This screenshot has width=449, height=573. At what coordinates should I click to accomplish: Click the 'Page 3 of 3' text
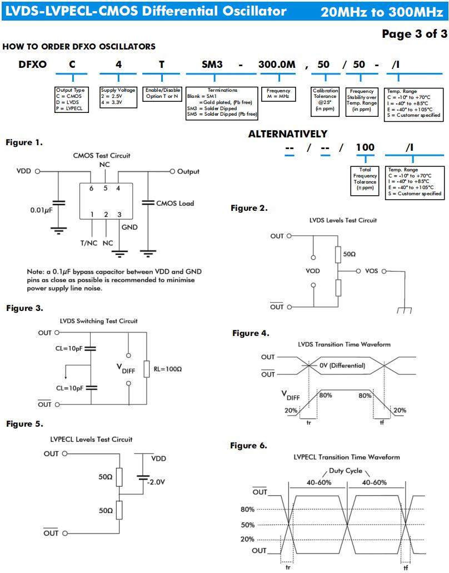(x=415, y=34)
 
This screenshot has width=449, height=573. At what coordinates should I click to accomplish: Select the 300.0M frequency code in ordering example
(x=277, y=65)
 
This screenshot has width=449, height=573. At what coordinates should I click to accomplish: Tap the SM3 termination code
(x=212, y=65)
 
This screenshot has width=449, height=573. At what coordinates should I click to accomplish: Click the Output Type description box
(x=72, y=100)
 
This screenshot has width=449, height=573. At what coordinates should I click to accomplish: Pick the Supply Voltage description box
(x=118, y=97)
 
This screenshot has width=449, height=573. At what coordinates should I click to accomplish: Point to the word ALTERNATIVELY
(x=288, y=134)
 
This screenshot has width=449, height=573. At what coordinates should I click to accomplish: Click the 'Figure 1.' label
(x=24, y=142)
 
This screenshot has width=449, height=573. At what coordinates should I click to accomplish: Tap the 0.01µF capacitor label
(x=41, y=210)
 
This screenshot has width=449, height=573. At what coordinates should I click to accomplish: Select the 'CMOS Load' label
(x=175, y=203)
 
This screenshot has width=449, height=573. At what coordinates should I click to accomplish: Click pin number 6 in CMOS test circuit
(x=91, y=188)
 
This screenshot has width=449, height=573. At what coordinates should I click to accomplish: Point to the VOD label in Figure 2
(x=312, y=271)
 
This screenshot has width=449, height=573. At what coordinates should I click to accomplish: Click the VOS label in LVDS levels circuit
(x=371, y=271)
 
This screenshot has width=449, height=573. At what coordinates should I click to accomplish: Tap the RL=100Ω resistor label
(x=168, y=369)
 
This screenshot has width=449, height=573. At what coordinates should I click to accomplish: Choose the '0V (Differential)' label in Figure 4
(x=342, y=365)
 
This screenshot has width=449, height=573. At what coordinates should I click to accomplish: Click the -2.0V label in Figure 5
(x=156, y=482)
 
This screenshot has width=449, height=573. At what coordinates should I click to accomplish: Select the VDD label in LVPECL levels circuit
(x=158, y=458)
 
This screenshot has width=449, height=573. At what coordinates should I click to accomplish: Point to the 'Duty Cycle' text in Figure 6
(x=345, y=471)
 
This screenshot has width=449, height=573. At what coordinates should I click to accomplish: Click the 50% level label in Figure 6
(x=247, y=525)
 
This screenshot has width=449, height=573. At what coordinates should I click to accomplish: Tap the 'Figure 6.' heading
(x=248, y=446)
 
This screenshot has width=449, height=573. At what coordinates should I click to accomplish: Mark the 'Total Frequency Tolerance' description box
(x=365, y=181)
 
